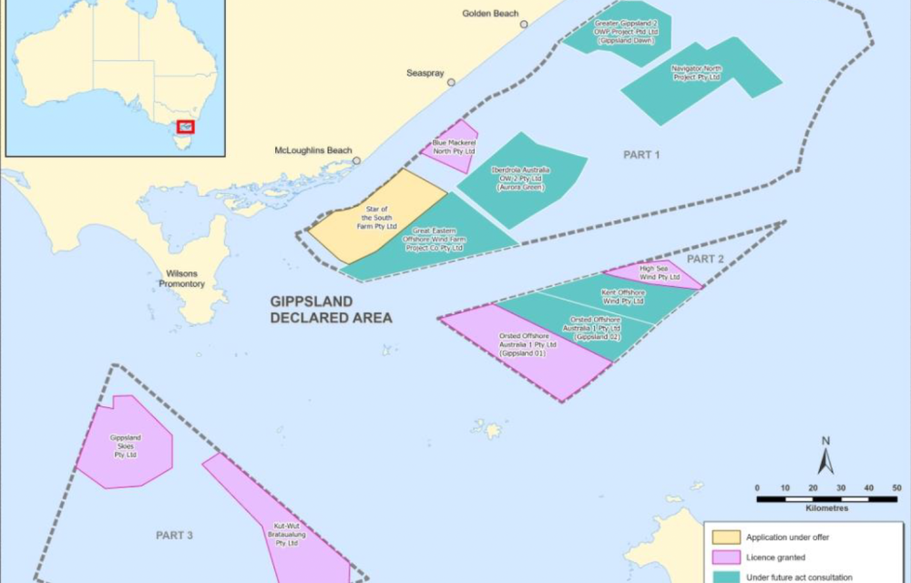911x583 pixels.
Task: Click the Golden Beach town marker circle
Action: (x=524, y=25)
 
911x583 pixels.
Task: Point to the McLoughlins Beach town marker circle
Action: (x=356, y=160)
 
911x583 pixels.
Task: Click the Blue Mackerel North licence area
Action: (x=451, y=146)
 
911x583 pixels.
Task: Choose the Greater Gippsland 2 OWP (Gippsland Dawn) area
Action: (x=619, y=33)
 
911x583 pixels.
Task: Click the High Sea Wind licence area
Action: (x=658, y=272)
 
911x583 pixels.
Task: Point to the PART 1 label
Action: (x=641, y=155)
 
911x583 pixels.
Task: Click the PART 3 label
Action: (x=174, y=536)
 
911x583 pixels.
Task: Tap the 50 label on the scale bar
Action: (x=896, y=488)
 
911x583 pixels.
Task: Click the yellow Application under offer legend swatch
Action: (x=725, y=537)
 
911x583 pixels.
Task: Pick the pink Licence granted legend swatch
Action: (x=725, y=557)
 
